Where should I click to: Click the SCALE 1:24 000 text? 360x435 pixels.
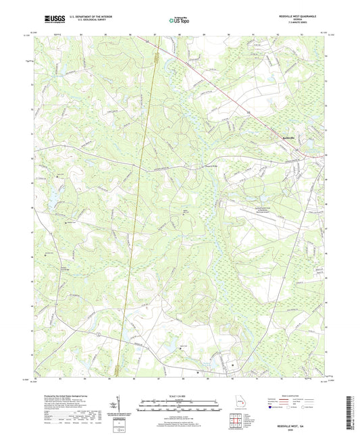point(180,396)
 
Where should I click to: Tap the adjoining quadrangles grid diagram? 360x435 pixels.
point(236,421)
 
